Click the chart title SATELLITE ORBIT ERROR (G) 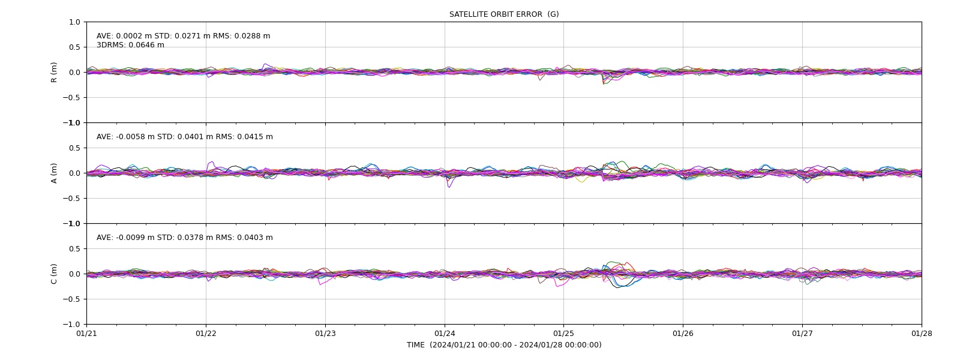(x=504, y=14)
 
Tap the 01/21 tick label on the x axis (x=86, y=334)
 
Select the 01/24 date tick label (x=445, y=334)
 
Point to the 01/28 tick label (x=922, y=334)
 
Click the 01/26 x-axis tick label (x=683, y=334)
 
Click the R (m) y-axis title (x=54, y=73)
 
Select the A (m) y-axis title (x=54, y=173)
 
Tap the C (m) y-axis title (x=54, y=274)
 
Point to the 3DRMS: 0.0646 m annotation (x=130, y=45)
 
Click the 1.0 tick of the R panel (x=74, y=22)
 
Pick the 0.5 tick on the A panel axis (x=74, y=148)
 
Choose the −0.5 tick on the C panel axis (x=71, y=299)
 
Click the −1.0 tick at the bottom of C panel (x=71, y=325)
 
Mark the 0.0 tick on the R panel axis (x=74, y=73)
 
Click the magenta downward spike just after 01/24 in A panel (x=449, y=184)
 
